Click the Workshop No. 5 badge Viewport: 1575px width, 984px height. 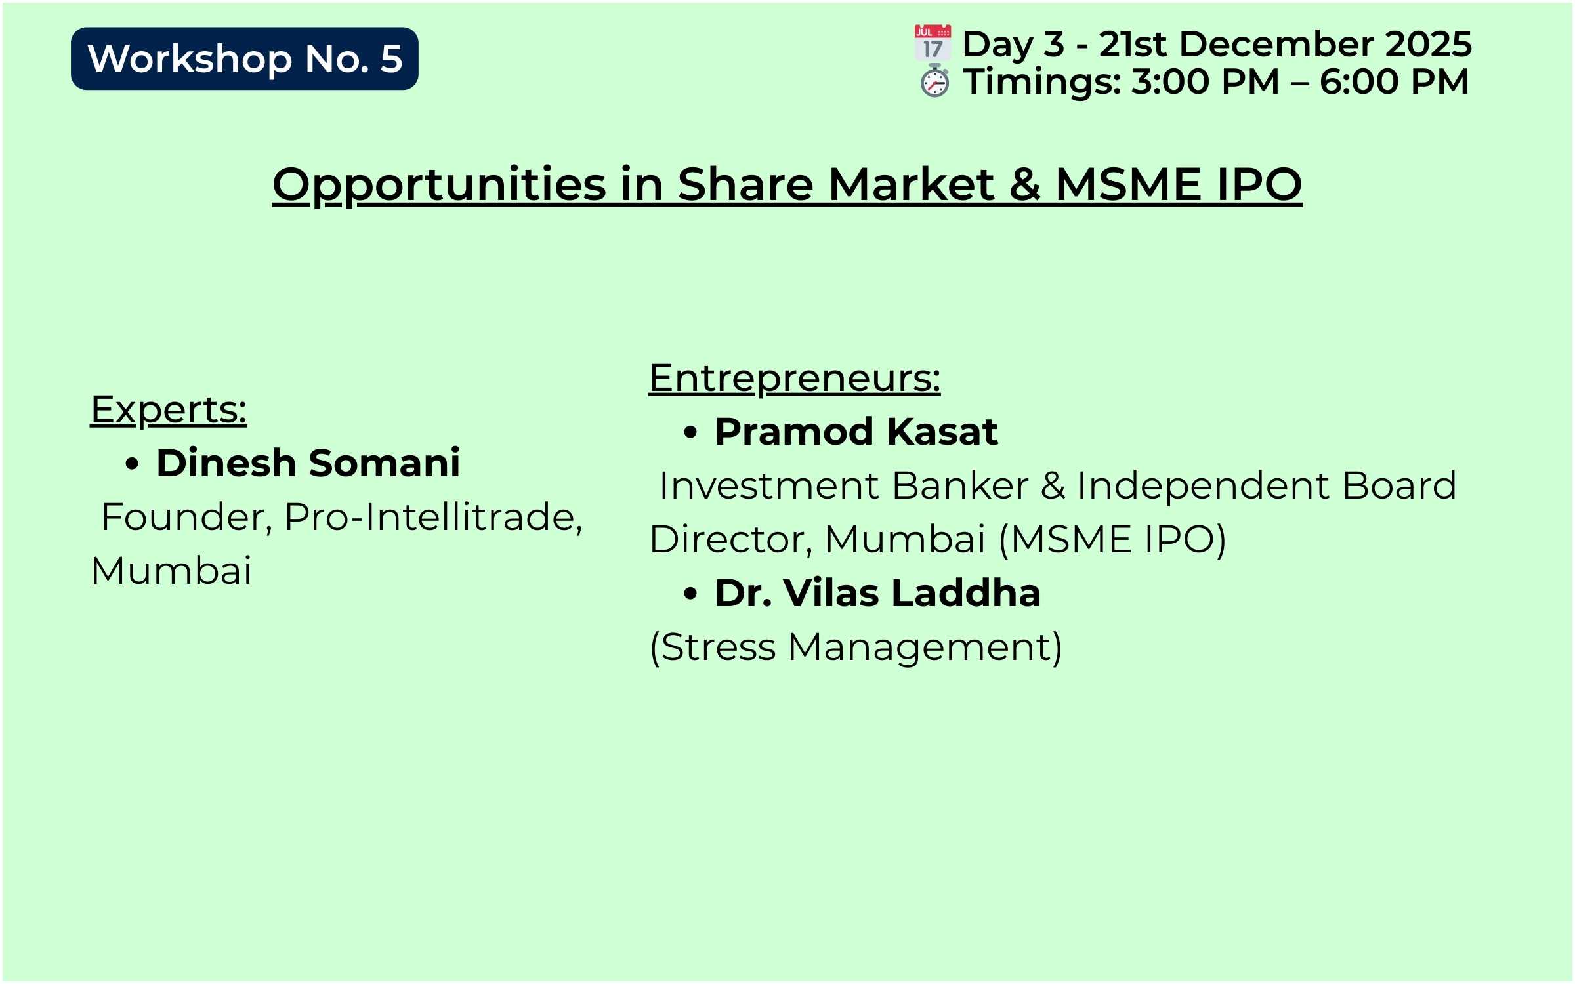coord(244,58)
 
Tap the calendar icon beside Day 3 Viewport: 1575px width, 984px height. coord(933,43)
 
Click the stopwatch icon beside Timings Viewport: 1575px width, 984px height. coord(934,81)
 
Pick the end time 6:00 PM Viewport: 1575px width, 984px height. coord(1394,81)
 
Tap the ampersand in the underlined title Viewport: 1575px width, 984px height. coord(1024,184)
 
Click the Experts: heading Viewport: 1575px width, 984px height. coord(169,411)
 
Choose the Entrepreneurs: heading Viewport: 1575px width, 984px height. coord(795,379)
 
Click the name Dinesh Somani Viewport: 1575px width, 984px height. coord(308,462)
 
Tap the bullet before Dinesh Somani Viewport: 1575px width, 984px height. coord(132,464)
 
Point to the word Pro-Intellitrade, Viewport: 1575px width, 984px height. coord(434,518)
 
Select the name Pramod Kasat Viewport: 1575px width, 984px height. coord(856,431)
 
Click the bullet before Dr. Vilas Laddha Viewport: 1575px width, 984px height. coord(690,594)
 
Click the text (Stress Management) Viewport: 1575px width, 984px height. coord(856,647)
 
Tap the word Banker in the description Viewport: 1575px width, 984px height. coord(960,485)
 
